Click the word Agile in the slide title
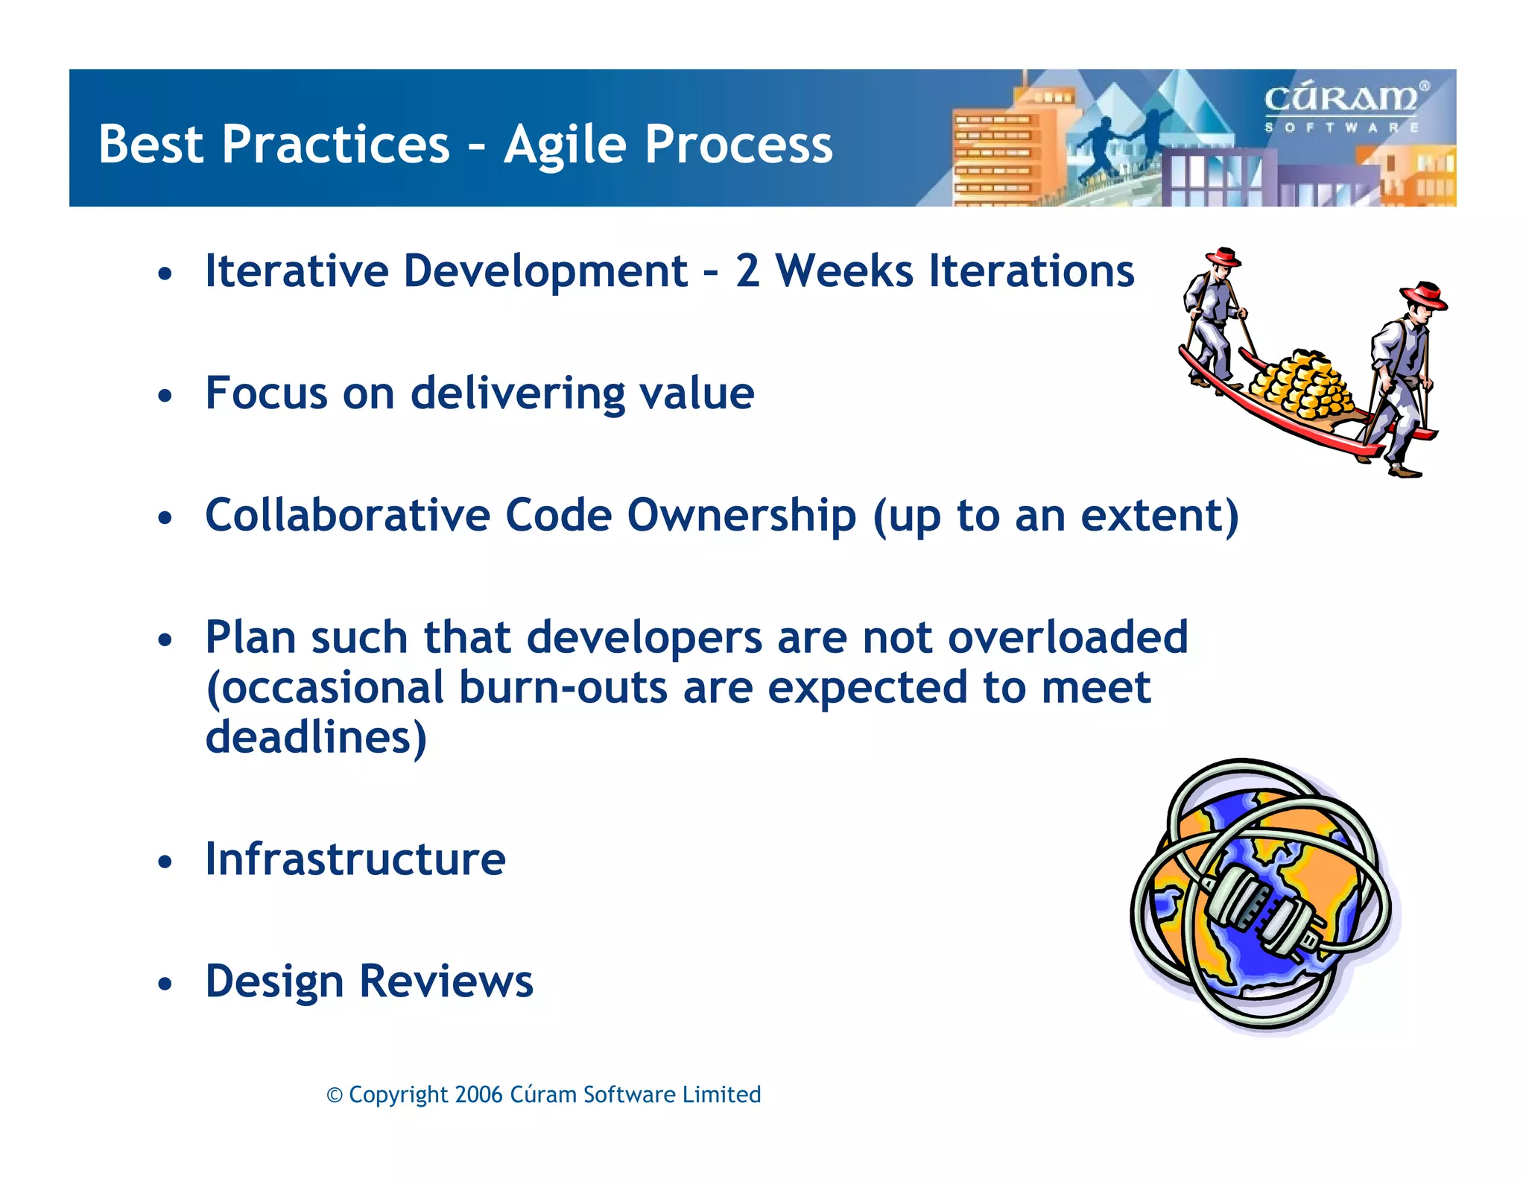(x=566, y=145)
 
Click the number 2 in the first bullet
(x=747, y=271)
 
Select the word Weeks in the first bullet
(x=844, y=271)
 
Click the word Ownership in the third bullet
(x=741, y=516)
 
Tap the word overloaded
(x=1068, y=637)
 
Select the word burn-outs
(x=563, y=687)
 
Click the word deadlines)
(x=316, y=737)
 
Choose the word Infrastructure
(x=355, y=859)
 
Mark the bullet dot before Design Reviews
(x=165, y=984)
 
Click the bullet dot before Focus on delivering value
(x=165, y=396)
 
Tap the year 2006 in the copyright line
(x=478, y=1095)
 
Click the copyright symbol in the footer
(x=335, y=1096)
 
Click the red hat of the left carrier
(x=1223, y=257)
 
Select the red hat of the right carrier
(x=1423, y=295)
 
